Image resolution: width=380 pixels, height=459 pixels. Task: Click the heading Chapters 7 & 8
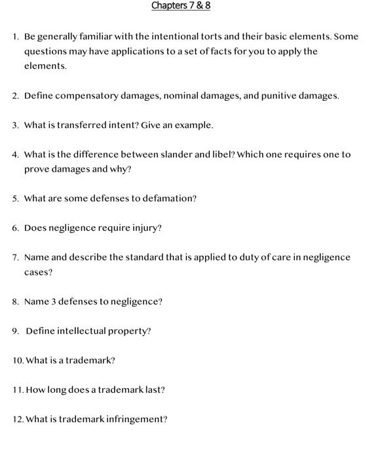pyautogui.click(x=181, y=6)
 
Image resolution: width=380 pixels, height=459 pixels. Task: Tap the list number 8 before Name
pyautogui.click(x=15, y=302)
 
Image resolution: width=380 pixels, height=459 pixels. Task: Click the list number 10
pyautogui.click(x=18, y=361)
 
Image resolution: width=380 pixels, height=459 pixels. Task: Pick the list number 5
pyautogui.click(x=15, y=198)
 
